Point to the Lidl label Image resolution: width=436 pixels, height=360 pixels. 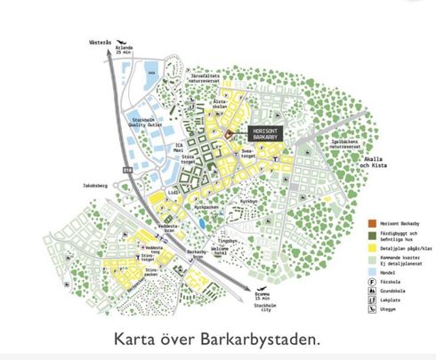coord(173,190)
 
